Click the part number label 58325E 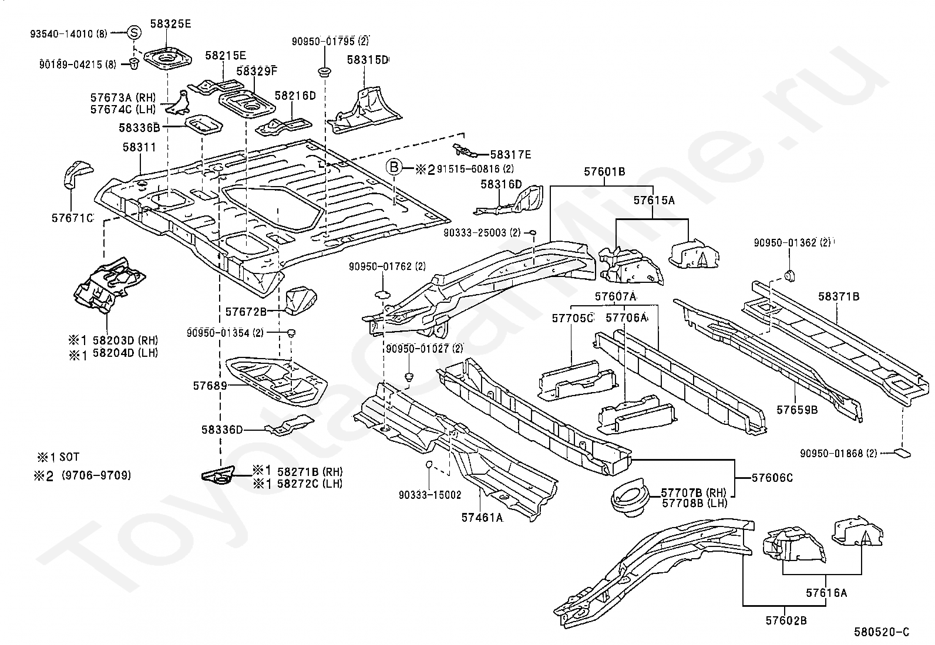point(170,24)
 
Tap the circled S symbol point(134,32)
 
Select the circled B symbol point(394,168)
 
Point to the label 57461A point(482,517)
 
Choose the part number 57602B point(786,621)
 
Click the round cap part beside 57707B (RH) point(630,497)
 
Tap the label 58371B point(839,296)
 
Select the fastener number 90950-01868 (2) point(839,453)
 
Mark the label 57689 point(210,386)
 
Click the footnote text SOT point(69,457)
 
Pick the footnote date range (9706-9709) point(96,475)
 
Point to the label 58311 point(139,147)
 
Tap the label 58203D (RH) point(125,340)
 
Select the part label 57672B point(246,312)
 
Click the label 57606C point(772,477)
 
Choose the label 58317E point(510,155)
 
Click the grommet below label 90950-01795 point(325,72)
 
